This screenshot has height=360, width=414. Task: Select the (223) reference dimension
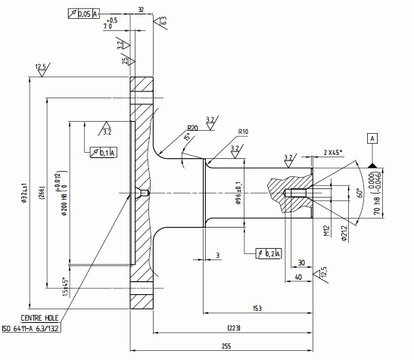[234, 327]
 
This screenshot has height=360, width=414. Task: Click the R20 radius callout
[193, 129]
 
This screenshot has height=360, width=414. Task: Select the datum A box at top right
[372, 138]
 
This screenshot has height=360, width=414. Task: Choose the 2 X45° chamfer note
[332, 152]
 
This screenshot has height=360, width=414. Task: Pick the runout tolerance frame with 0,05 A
[84, 14]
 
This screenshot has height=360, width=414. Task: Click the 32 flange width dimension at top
[141, 9]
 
